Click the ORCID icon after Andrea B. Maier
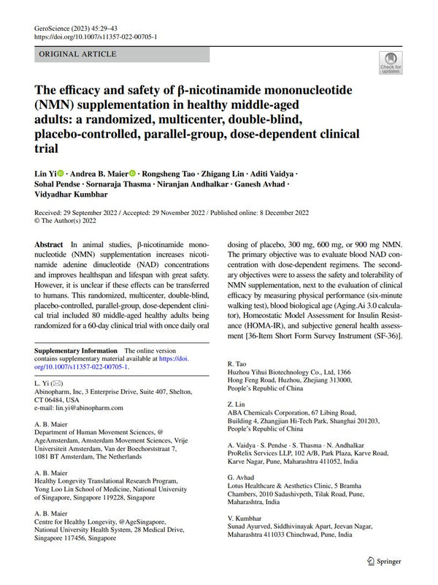(x=133, y=173)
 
